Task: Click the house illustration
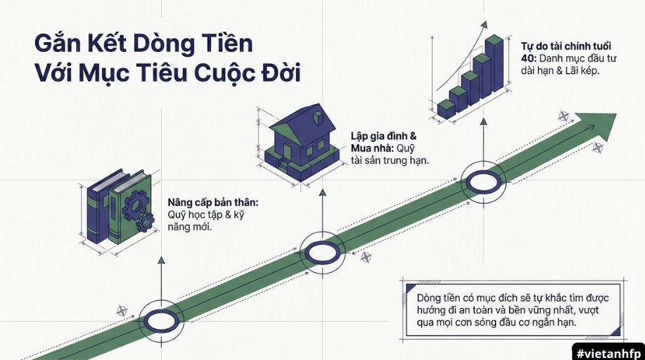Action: click(302, 142)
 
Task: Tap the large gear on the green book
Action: click(136, 205)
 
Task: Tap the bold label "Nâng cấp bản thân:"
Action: click(213, 202)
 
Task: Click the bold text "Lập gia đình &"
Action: click(384, 136)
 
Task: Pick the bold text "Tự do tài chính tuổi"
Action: click(566, 46)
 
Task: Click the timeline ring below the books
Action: click(161, 321)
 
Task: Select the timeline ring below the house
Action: click(322, 252)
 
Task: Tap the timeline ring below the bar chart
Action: click(483, 182)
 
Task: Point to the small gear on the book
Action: click(145, 222)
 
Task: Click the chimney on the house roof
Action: click(319, 117)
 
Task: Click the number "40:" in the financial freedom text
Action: click(528, 58)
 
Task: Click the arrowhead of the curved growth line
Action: click(484, 25)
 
